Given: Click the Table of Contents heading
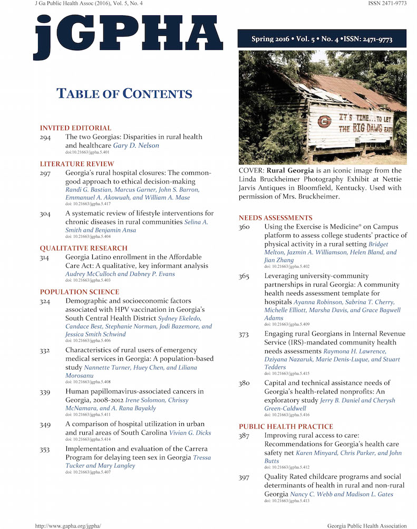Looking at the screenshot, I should click(124, 94).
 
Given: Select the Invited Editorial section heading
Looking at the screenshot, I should click(75, 128).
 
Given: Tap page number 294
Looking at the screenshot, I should click(46, 137).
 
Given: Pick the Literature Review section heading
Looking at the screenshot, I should click(77, 164).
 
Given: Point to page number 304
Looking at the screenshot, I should click(46, 214).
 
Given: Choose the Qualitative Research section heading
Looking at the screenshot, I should click(84, 248).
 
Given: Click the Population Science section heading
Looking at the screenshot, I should click(80, 292).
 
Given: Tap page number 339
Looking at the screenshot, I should click(46, 391).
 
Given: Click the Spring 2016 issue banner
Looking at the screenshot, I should click(322, 39).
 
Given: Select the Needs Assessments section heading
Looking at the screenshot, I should click(275, 218).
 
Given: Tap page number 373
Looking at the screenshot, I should click(244, 334).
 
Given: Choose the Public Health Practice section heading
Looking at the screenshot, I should click(286, 426).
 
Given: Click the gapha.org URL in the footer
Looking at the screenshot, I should click(67, 526).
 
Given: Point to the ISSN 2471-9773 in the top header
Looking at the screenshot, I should click(387, 3).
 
